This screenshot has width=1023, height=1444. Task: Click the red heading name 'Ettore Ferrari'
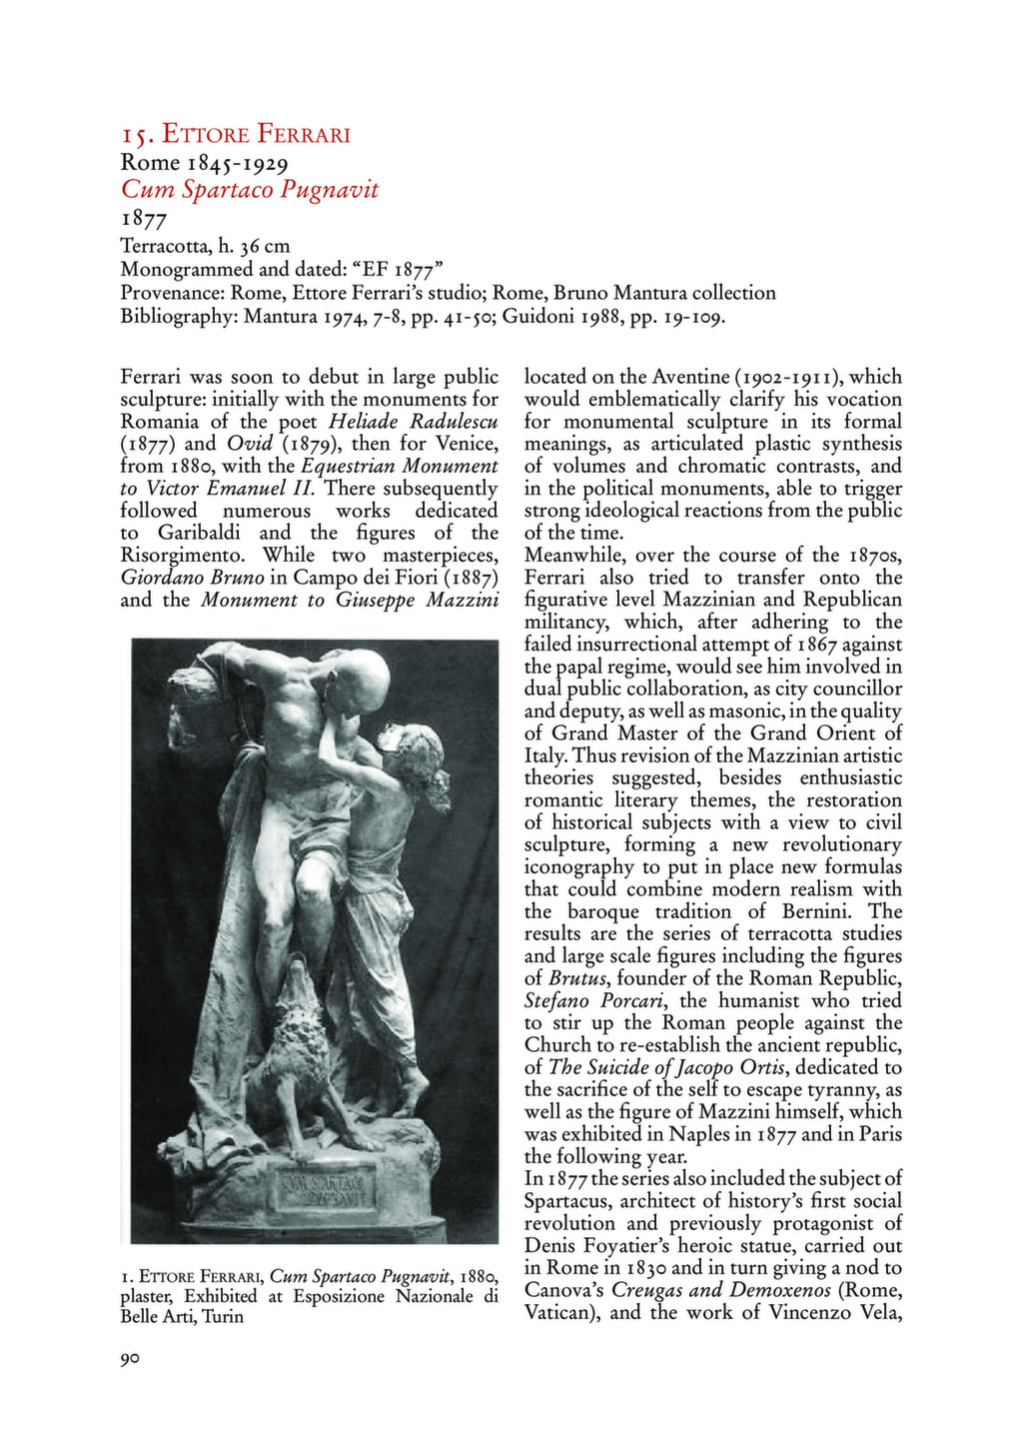[256, 134]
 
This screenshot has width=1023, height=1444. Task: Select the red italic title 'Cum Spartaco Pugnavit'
[250, 189]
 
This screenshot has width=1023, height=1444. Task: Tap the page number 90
[130, 1359]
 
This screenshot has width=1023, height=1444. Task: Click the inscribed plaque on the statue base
[326, 1189]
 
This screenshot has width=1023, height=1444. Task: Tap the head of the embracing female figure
[416, 747]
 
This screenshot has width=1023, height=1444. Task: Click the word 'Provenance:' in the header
[172, 293]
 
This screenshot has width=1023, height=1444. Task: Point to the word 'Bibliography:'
[178, 318]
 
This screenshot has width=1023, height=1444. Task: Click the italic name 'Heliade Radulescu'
[413, 421]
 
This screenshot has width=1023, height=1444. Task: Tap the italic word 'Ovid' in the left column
[249, 444]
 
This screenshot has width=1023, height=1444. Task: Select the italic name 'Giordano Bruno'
[192, 578]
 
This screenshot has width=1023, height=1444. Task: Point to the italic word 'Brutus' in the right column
[580, 978]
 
